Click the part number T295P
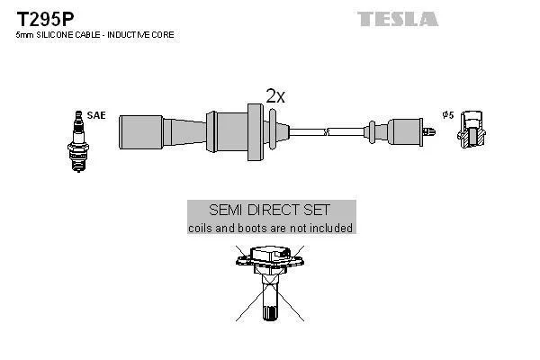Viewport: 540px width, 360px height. coord(40,18)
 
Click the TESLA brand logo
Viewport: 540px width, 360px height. coord(397,19)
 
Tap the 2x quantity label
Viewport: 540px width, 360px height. coord(275,96)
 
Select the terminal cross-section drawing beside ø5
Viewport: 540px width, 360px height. coord(472,131)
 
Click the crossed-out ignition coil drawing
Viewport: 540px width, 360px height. coord(270,279)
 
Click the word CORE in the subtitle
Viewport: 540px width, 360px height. coord(163,34)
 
